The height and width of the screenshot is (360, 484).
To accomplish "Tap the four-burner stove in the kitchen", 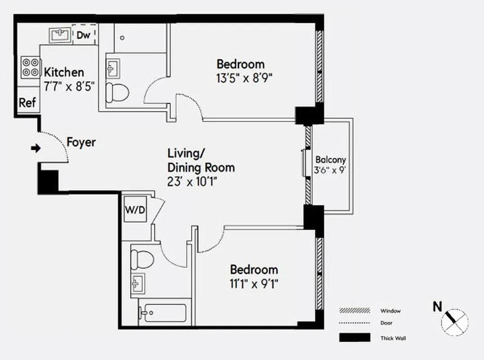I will coord(30,67).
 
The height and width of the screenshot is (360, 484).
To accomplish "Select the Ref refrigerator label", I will coord(27,103).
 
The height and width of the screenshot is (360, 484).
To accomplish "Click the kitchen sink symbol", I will coord(59,34).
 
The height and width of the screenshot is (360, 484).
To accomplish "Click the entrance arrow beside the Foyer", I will coord(35,148).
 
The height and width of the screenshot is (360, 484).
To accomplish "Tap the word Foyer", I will coord(81,143).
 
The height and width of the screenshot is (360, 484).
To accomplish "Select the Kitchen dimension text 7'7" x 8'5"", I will coord(69,86).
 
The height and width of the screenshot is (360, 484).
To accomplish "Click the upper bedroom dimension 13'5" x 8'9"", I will coord(244,77).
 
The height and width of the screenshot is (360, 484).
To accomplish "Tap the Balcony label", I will coord(330,160).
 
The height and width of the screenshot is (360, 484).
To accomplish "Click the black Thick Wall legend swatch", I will coord(354,337).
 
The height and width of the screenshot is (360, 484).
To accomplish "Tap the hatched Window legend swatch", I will coord(354,310).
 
